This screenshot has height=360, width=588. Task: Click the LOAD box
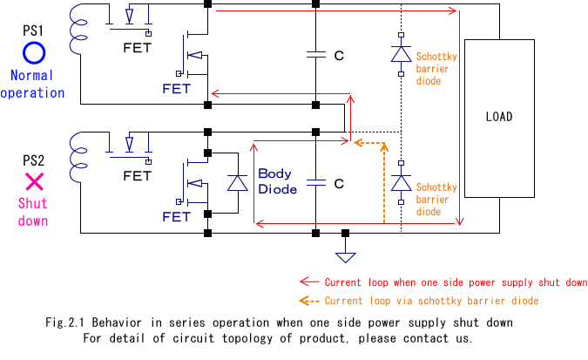499,117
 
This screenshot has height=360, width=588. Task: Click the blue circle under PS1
34,54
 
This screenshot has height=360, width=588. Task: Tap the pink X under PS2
34,181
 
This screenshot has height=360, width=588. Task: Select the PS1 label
34,31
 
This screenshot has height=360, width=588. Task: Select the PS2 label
34,159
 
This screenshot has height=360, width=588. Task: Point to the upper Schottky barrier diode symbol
401,53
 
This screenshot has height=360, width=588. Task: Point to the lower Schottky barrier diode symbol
401,183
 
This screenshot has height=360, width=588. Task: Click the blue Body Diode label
275,181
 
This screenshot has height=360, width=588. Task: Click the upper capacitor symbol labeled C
315,54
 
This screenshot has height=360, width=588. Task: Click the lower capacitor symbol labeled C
315,183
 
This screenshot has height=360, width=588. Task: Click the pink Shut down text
34,212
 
